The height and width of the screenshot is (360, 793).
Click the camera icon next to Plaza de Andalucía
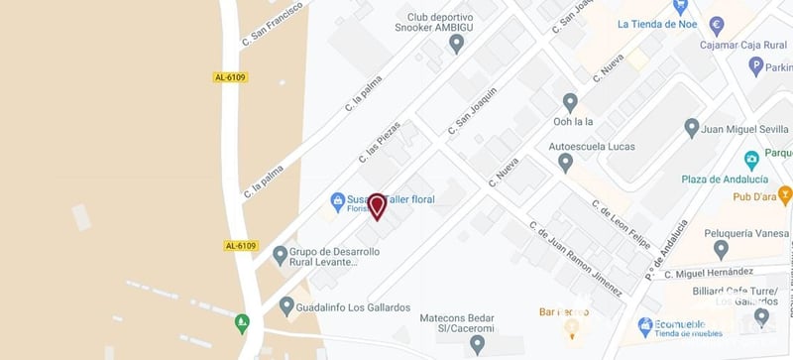751,159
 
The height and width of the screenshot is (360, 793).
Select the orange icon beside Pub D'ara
784,193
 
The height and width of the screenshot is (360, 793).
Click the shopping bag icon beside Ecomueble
644,324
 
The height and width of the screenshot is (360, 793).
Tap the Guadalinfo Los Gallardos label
353,307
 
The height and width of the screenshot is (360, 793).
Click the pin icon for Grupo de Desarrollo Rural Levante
280,255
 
